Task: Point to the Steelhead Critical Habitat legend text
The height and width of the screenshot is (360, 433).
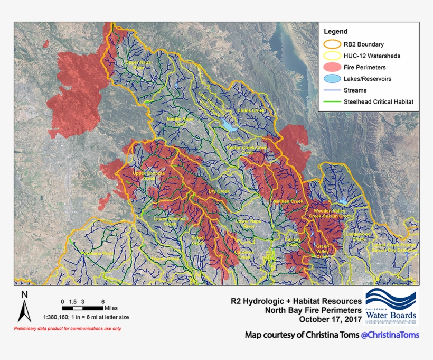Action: (378, 101)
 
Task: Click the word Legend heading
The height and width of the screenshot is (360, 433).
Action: (335, 32)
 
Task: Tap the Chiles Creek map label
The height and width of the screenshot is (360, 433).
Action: (251, 110)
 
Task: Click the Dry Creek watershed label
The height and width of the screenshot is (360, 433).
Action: (219, 191)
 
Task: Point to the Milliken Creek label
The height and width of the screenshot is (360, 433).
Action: (288, 201)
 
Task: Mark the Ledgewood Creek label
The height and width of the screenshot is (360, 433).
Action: (359, 236)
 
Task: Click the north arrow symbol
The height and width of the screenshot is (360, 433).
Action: (24, 308)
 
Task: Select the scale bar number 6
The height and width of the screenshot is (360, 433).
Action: (103, 300)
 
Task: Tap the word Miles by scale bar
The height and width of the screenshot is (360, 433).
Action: (111, 308)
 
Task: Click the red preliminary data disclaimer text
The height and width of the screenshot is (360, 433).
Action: (68, 329)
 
